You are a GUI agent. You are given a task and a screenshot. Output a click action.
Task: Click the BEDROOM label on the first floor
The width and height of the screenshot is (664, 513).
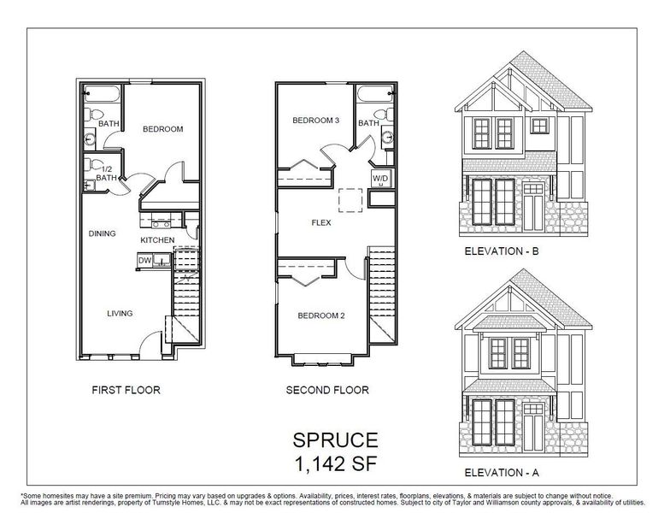[x=162, y=129]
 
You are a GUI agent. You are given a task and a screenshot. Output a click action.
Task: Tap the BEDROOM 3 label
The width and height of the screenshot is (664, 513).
[x=316, y=121]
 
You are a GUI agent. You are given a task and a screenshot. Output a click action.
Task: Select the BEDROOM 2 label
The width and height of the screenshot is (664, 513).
[x=320, y=315]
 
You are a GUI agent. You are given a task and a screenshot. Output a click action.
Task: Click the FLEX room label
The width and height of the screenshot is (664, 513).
[x=321, y=221]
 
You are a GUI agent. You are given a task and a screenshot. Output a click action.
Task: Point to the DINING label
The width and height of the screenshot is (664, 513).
[x=102, y=233]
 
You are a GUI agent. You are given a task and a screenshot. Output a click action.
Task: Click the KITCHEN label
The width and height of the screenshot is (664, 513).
[x=157, y=240]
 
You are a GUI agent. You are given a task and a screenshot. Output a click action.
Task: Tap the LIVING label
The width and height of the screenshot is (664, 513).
[x=120, y=314]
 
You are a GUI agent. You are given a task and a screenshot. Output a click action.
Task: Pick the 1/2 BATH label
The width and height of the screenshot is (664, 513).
[x=106, y=173]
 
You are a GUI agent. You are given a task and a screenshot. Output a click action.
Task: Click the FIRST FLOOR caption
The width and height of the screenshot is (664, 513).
[x=126, y=390]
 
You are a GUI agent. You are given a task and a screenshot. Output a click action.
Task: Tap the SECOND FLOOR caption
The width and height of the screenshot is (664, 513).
[x=327, y=390]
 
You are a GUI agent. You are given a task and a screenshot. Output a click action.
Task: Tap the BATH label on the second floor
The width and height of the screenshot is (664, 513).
[x=368, y=123]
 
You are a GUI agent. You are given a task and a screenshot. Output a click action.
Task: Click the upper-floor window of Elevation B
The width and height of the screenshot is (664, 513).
[x=481, y=131]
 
